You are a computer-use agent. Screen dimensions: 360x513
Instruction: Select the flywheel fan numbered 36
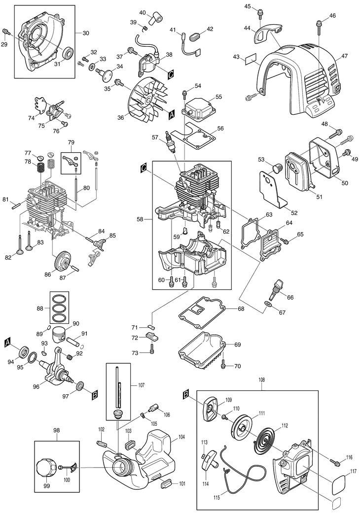pyautogui.click(x=147, y=96)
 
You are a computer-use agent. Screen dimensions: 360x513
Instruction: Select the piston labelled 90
pyautogui.click(x=62, y=334)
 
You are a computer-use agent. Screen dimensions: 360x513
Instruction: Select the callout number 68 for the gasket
pyautogui.click(x=241, y=309)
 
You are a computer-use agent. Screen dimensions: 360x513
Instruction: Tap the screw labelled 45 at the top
pyautogui.click(x=261, y=12)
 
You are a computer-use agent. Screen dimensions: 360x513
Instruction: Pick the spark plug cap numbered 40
pyautogui.click(x=154, y=19)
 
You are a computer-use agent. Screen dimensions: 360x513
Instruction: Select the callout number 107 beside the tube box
pyautogui.click(x=141, y=385)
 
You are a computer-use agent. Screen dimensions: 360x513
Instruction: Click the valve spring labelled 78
pyautogui.click(x=40, y=168)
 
